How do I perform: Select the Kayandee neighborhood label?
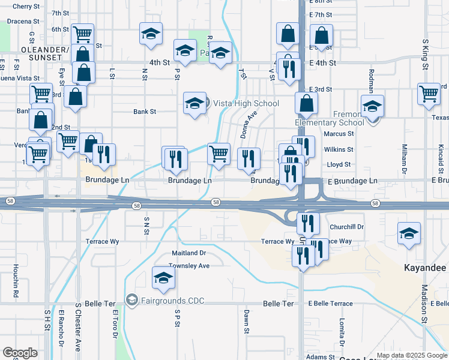[x=425, y=267]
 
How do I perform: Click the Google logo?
[x=20, y=353]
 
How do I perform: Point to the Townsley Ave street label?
[x=189, y=265]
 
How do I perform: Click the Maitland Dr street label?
[x=188, y=253]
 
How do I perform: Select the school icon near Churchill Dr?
[x=409, y=233]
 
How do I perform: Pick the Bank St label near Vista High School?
[x=145, y=112]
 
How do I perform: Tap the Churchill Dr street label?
[x=347, y=227]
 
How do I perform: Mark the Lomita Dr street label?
[x=341, y=329]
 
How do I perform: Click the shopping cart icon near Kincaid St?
[x=429, y=93]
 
